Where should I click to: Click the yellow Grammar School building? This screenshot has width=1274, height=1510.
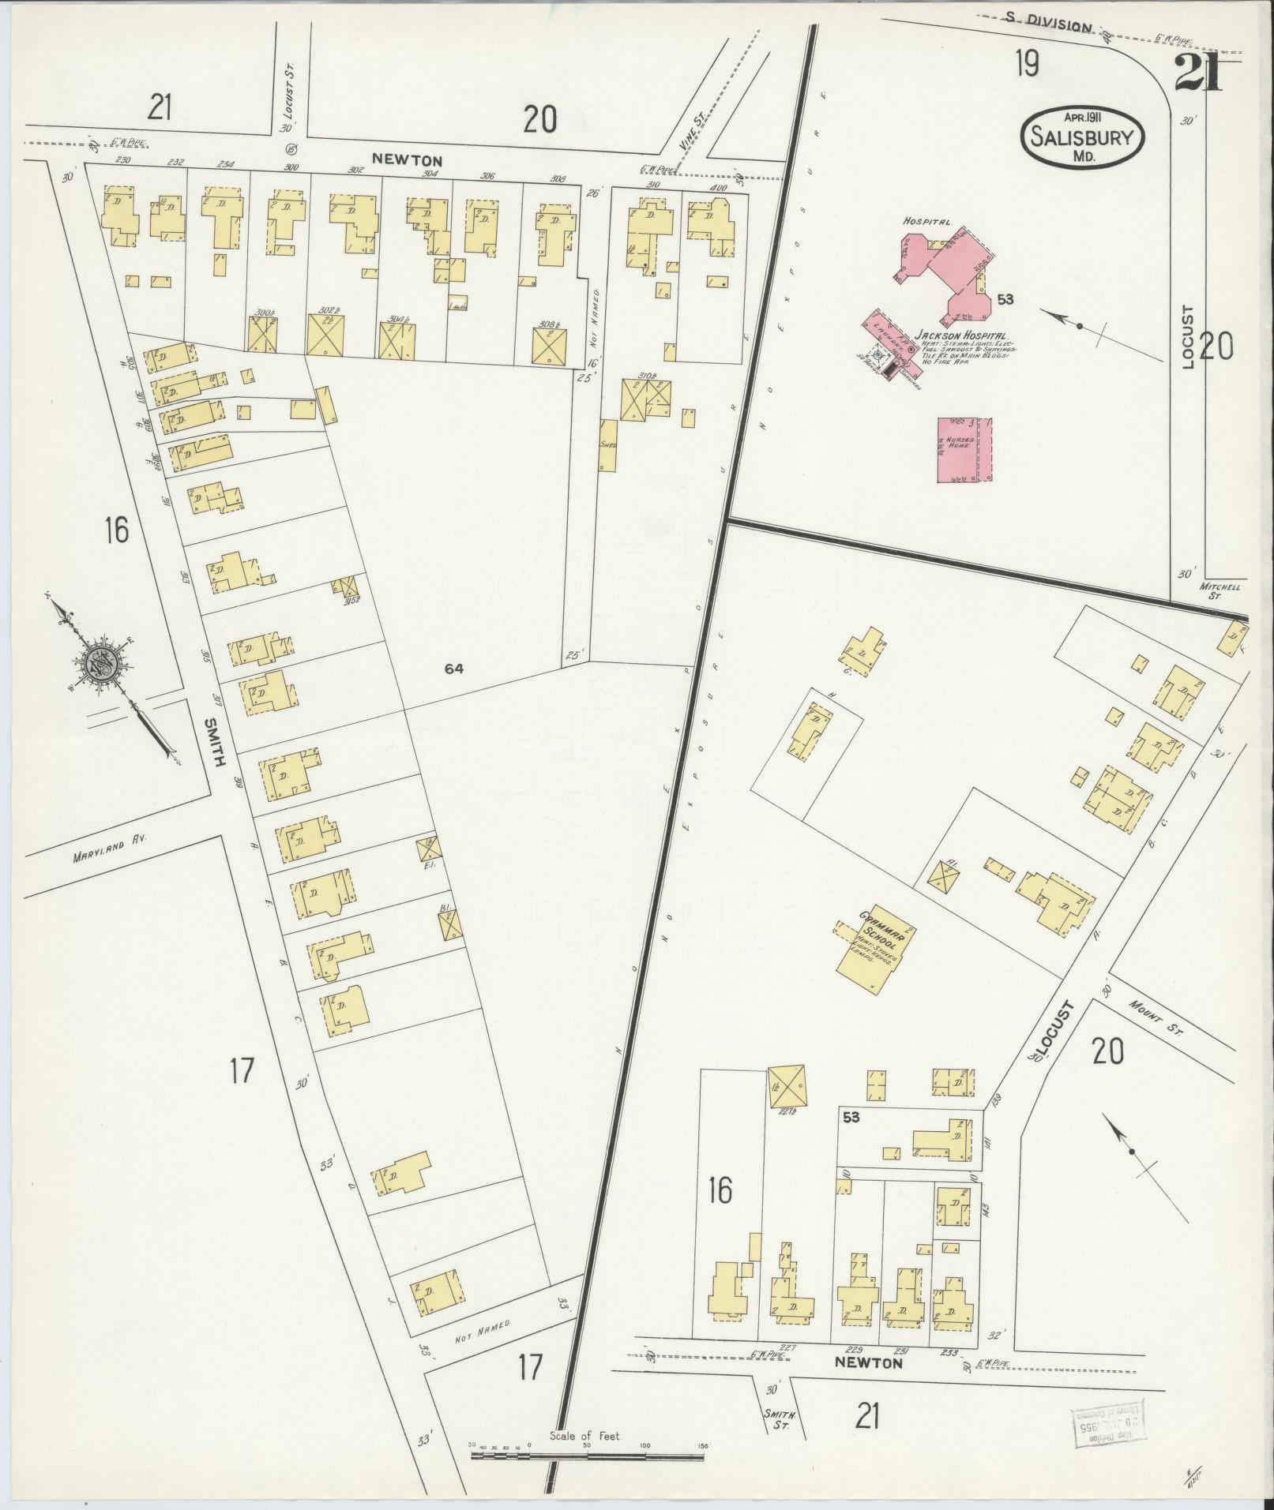tap(876, 949)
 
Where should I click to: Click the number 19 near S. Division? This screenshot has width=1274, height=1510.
tap(1028, 65)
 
